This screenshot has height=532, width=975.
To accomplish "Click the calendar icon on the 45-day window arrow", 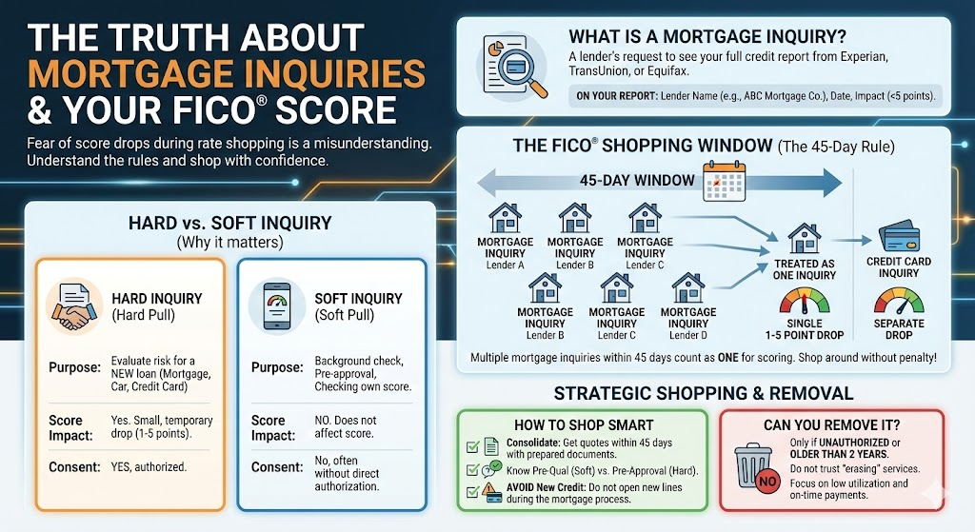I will [x=723, y=180].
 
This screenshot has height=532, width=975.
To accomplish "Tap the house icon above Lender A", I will [x=505, y=218].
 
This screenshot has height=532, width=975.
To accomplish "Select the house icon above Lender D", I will [x=687, y=286].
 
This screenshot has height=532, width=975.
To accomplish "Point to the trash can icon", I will [x=754, y=465].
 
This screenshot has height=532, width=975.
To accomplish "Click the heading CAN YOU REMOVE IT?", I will [x=832, y=424].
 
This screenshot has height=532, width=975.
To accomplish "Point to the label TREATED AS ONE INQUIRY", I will [x=805, y=268].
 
